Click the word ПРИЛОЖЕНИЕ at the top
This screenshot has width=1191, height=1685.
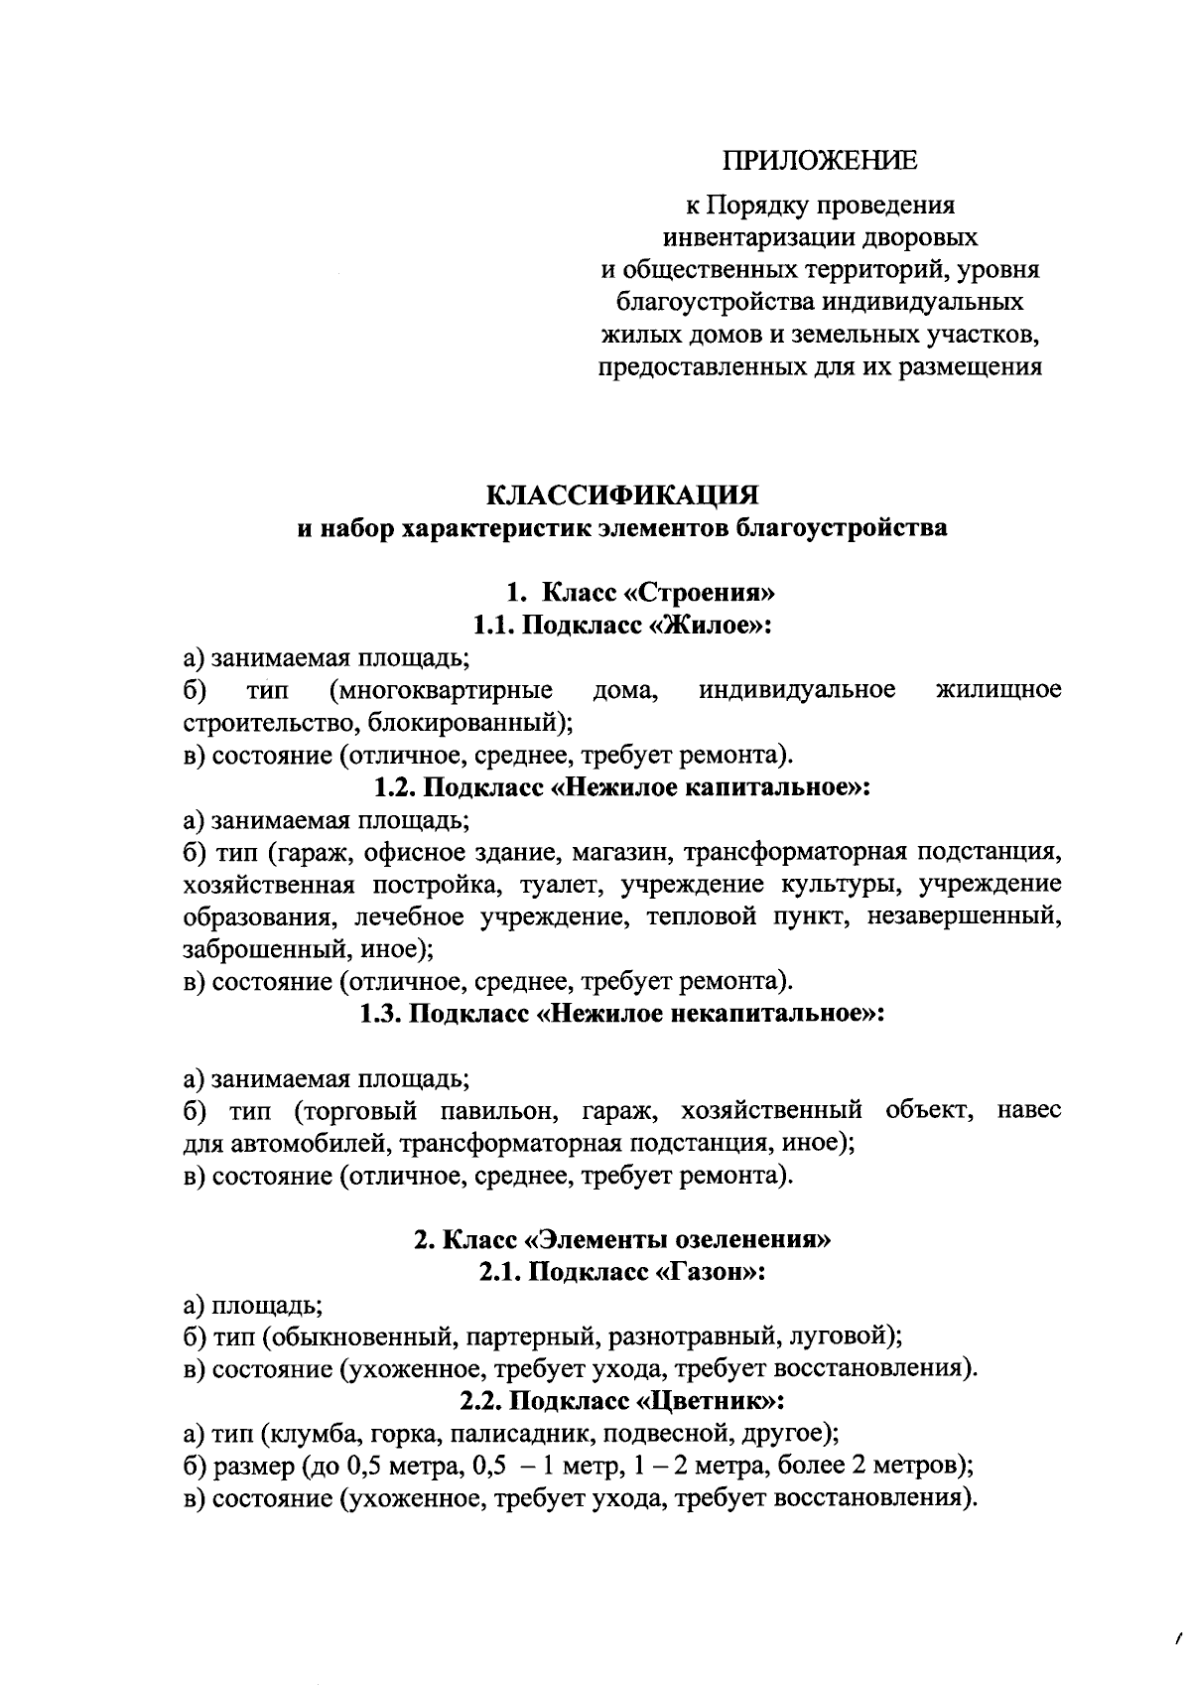pos(820,161)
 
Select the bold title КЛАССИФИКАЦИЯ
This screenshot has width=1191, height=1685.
pos(622,494)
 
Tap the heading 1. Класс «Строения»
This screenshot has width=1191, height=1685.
pos(639,594)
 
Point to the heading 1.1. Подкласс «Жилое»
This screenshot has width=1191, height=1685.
pos(622,626)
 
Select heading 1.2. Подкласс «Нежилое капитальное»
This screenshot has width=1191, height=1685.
pos(622,787)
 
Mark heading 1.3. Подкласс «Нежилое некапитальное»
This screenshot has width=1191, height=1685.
pos(622,1014)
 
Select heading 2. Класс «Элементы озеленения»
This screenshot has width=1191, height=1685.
pos(622,1240)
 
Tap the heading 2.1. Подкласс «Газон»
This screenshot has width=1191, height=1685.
pos(622,1272)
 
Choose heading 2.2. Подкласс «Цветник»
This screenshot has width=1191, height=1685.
pos(622,1401)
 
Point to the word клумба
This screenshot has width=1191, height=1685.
pos(304,1434)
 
